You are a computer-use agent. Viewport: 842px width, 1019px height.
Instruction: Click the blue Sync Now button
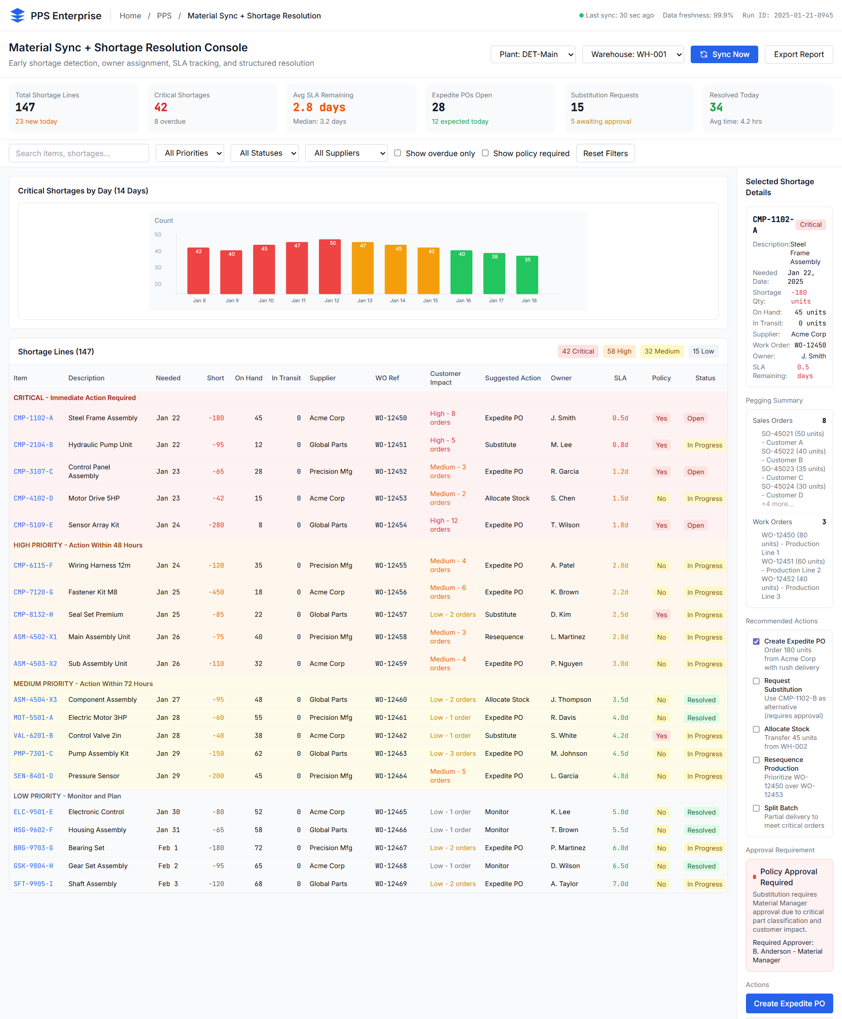click(x=724, y=54)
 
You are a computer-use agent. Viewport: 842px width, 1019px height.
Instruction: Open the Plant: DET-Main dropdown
click(x=532, y=54)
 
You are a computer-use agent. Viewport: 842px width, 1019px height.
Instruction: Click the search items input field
click(x=78, y=154)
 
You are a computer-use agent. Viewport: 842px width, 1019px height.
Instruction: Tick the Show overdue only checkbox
click(x=397, y=153)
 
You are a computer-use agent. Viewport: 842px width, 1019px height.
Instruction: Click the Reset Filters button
click(x=605, y=154)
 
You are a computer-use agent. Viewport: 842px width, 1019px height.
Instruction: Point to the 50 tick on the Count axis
click(x=157, y=234)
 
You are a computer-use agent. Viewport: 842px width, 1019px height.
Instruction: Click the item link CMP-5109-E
click(x=33, y=525)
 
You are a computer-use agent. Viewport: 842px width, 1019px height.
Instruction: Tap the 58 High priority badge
click(x=619, y=351)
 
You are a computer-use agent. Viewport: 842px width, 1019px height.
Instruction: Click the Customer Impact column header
click(x=445, y=378)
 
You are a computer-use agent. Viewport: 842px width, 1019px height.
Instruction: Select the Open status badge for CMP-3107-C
click(x=695, y=472)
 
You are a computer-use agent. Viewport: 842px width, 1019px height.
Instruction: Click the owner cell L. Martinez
click(x=567, y=636)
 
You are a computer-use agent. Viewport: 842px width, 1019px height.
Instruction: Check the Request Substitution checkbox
click(x=756, y=681)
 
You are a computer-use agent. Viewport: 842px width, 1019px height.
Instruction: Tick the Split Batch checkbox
click(x=756, y=808)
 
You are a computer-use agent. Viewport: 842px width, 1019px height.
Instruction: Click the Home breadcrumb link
click(x=130, y=15)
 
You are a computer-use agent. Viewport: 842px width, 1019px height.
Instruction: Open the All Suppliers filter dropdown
click(x=346, y=154)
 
